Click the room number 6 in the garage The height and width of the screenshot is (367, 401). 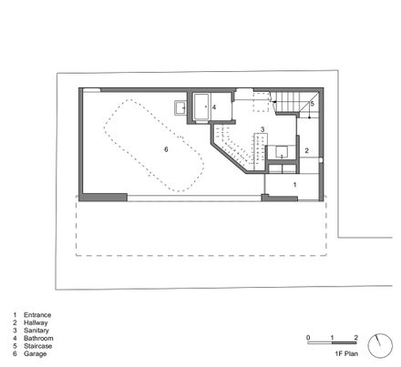click(166, 149)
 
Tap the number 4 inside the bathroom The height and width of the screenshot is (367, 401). click(214, 107)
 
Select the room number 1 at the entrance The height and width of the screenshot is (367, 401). click(294, 185)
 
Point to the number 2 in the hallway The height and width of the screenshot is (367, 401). click(307, 150)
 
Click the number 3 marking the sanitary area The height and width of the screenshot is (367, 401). click(262, 129)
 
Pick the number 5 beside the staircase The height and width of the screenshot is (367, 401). click(313, 104)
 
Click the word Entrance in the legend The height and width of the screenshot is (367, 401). click(37, 315)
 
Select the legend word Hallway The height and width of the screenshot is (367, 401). click(36, 322)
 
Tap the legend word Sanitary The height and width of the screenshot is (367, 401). click(36, 331)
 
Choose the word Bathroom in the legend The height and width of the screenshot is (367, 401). click(38, 338)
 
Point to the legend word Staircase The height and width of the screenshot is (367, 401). click(37, 346)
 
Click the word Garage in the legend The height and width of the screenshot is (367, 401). click(35, 353)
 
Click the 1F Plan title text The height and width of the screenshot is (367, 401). click(346, 353)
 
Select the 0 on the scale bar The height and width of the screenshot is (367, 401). click(308, 338)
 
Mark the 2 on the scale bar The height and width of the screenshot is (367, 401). click(356, 338)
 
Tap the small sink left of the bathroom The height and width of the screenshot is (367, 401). click(180, 107)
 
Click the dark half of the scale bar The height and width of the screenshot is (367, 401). click(344, 342)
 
